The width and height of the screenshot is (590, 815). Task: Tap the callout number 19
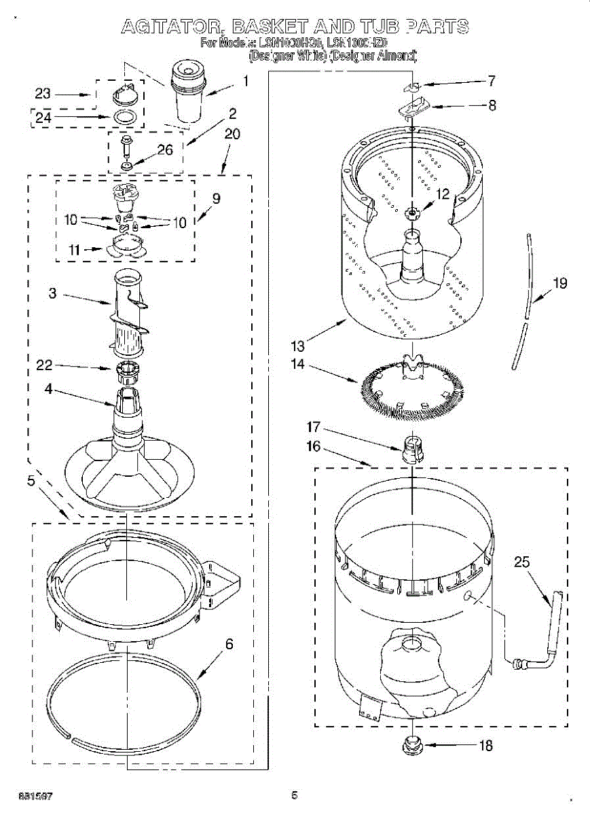click(559, 283)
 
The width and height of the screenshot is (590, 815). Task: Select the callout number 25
click(521, 562)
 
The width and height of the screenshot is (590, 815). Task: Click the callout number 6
click(229, 644)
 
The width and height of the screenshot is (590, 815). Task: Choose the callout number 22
click(44, 367)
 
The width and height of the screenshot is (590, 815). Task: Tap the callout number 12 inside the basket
click(443, 194)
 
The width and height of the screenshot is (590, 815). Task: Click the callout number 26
click(165, 151)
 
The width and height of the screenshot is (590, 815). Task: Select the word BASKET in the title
click(292, 27)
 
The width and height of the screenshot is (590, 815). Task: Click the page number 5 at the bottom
click(294, 795)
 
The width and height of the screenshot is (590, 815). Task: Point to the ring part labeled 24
click(122, 116)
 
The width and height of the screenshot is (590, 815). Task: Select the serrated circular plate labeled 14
click(411, 389)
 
